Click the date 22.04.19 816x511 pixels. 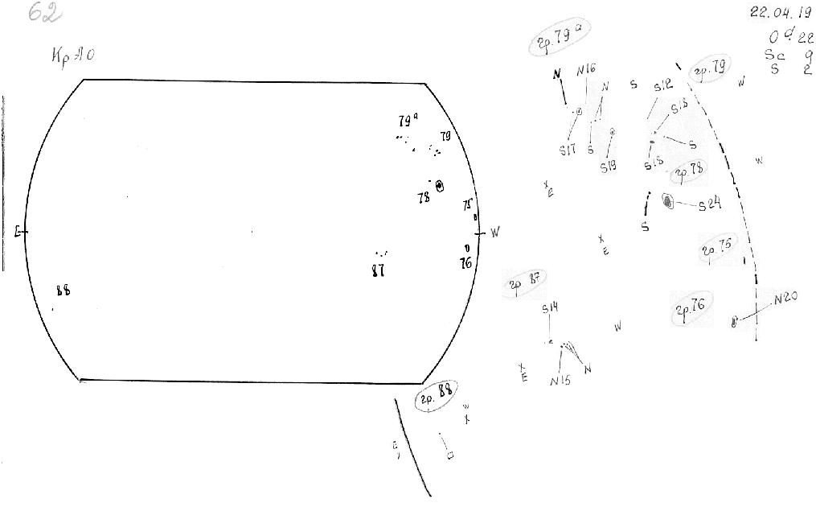pos(775,13)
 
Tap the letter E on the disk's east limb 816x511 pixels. pos(18,233)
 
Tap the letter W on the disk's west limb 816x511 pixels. pos(495,233)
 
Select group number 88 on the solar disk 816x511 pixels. pos(64,291)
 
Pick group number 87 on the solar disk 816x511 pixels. pos(378,270)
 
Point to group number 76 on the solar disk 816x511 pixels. pos(465,262)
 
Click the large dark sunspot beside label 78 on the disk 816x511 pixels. pos(440,186)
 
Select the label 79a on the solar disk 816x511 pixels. pos(408,122)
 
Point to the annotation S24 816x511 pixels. pos(709,205)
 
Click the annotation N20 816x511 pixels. pos(785,299)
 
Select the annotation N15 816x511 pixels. pos(560,381)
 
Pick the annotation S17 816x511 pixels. pos(568,150)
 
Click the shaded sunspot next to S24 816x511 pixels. pos(668,201)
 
